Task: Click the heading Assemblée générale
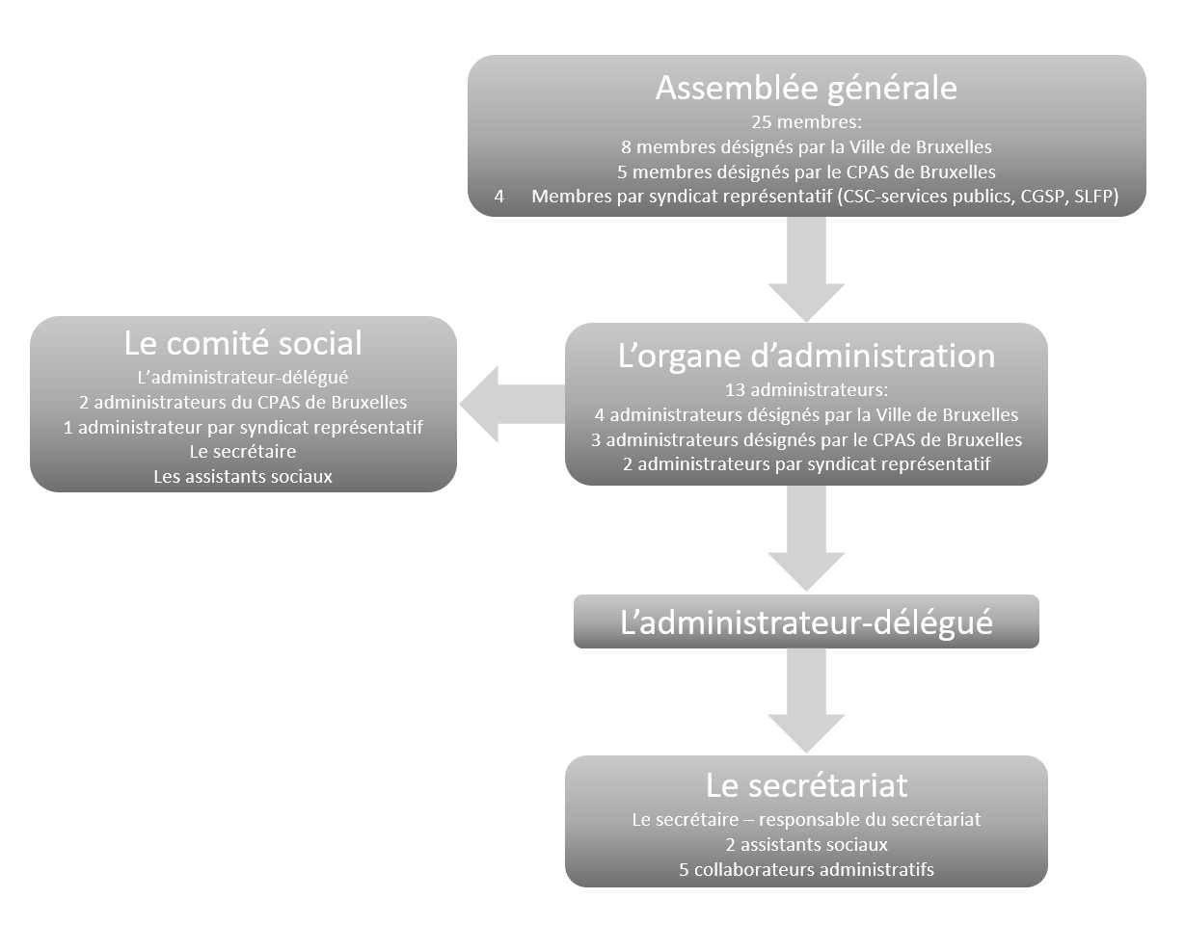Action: [806, 88]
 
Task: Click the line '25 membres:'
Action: [806, 123]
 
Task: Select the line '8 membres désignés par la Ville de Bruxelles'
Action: [806, 147]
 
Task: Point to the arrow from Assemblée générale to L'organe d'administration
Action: [806, 270]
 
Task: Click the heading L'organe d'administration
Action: [806, 356]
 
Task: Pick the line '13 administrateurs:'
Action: [806, 390]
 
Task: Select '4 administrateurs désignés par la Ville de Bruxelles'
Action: [806, 415]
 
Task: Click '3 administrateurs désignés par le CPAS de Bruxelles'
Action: [806, 440]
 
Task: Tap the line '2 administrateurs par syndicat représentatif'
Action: [806, 464]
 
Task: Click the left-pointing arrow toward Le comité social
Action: [506, 405]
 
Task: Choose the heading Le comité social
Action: [243, 343]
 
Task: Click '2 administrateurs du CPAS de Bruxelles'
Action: [243, 402]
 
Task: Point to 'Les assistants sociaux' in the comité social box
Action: [243, 476]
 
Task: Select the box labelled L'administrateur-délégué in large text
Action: [806, 621]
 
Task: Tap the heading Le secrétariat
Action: [806, 785]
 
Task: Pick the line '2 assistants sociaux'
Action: [806, 845]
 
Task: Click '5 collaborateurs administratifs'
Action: [806, 869]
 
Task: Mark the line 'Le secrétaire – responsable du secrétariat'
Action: [806, 820]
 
